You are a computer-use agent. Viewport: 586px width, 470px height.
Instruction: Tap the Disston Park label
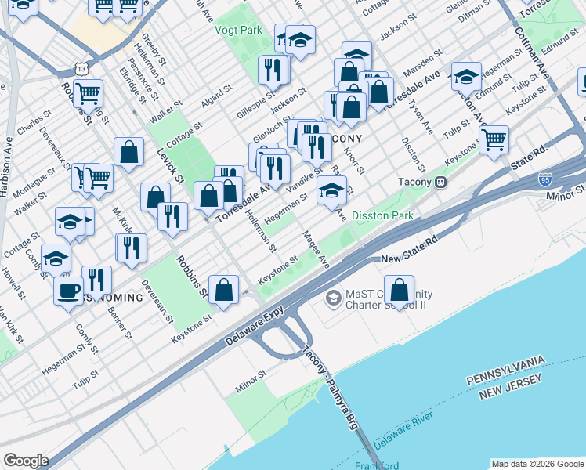382,215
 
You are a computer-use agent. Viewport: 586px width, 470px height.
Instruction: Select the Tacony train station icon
441,183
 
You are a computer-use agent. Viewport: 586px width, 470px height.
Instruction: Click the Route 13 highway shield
81,69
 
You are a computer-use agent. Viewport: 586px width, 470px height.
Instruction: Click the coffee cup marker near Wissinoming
67,291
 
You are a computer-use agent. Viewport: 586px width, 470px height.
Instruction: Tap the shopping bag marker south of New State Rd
400,290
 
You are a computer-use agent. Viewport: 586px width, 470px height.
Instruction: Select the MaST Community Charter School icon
334,298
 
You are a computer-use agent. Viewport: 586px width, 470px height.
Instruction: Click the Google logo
26,461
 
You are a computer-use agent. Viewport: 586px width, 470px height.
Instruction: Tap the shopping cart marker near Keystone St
494,140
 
